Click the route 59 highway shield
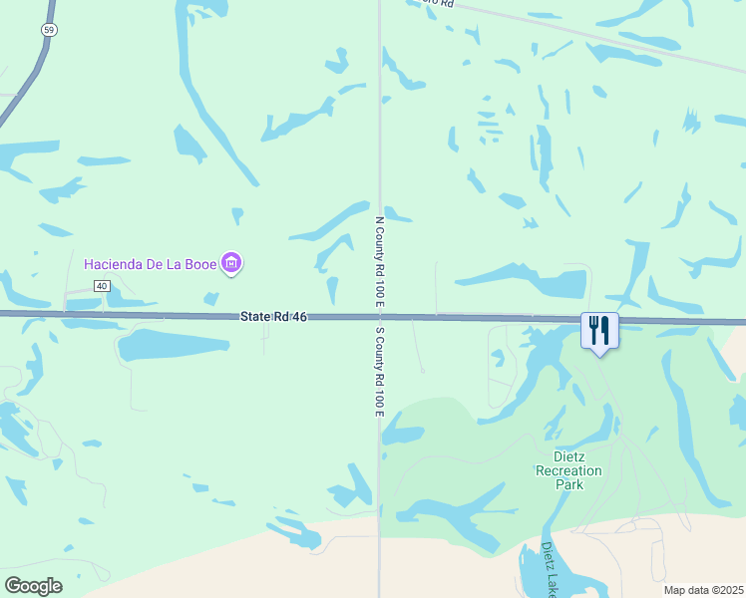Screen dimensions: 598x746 (x=49, y=31)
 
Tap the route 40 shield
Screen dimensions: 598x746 (x=102, y=286)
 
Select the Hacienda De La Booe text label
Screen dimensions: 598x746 (x=150, y=264)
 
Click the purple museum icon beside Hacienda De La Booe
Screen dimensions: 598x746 (x=231, y=264)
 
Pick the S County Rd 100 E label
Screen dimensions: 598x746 (x=379, y=371)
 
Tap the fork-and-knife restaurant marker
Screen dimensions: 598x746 (x=599, y=330)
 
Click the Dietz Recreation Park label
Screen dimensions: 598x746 (x=568, y=470)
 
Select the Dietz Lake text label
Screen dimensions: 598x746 (x=549, y=568)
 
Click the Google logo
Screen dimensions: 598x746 (x=33, y=586)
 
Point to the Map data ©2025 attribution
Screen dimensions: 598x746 (x=704, y=590)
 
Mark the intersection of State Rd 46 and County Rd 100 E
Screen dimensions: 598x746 (x=379, y=317)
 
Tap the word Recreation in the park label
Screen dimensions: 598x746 (x=568, y=470)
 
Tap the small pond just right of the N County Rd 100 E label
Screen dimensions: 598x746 (x=397, y=213)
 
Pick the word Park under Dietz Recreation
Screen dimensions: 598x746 (x=568, y=484)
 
